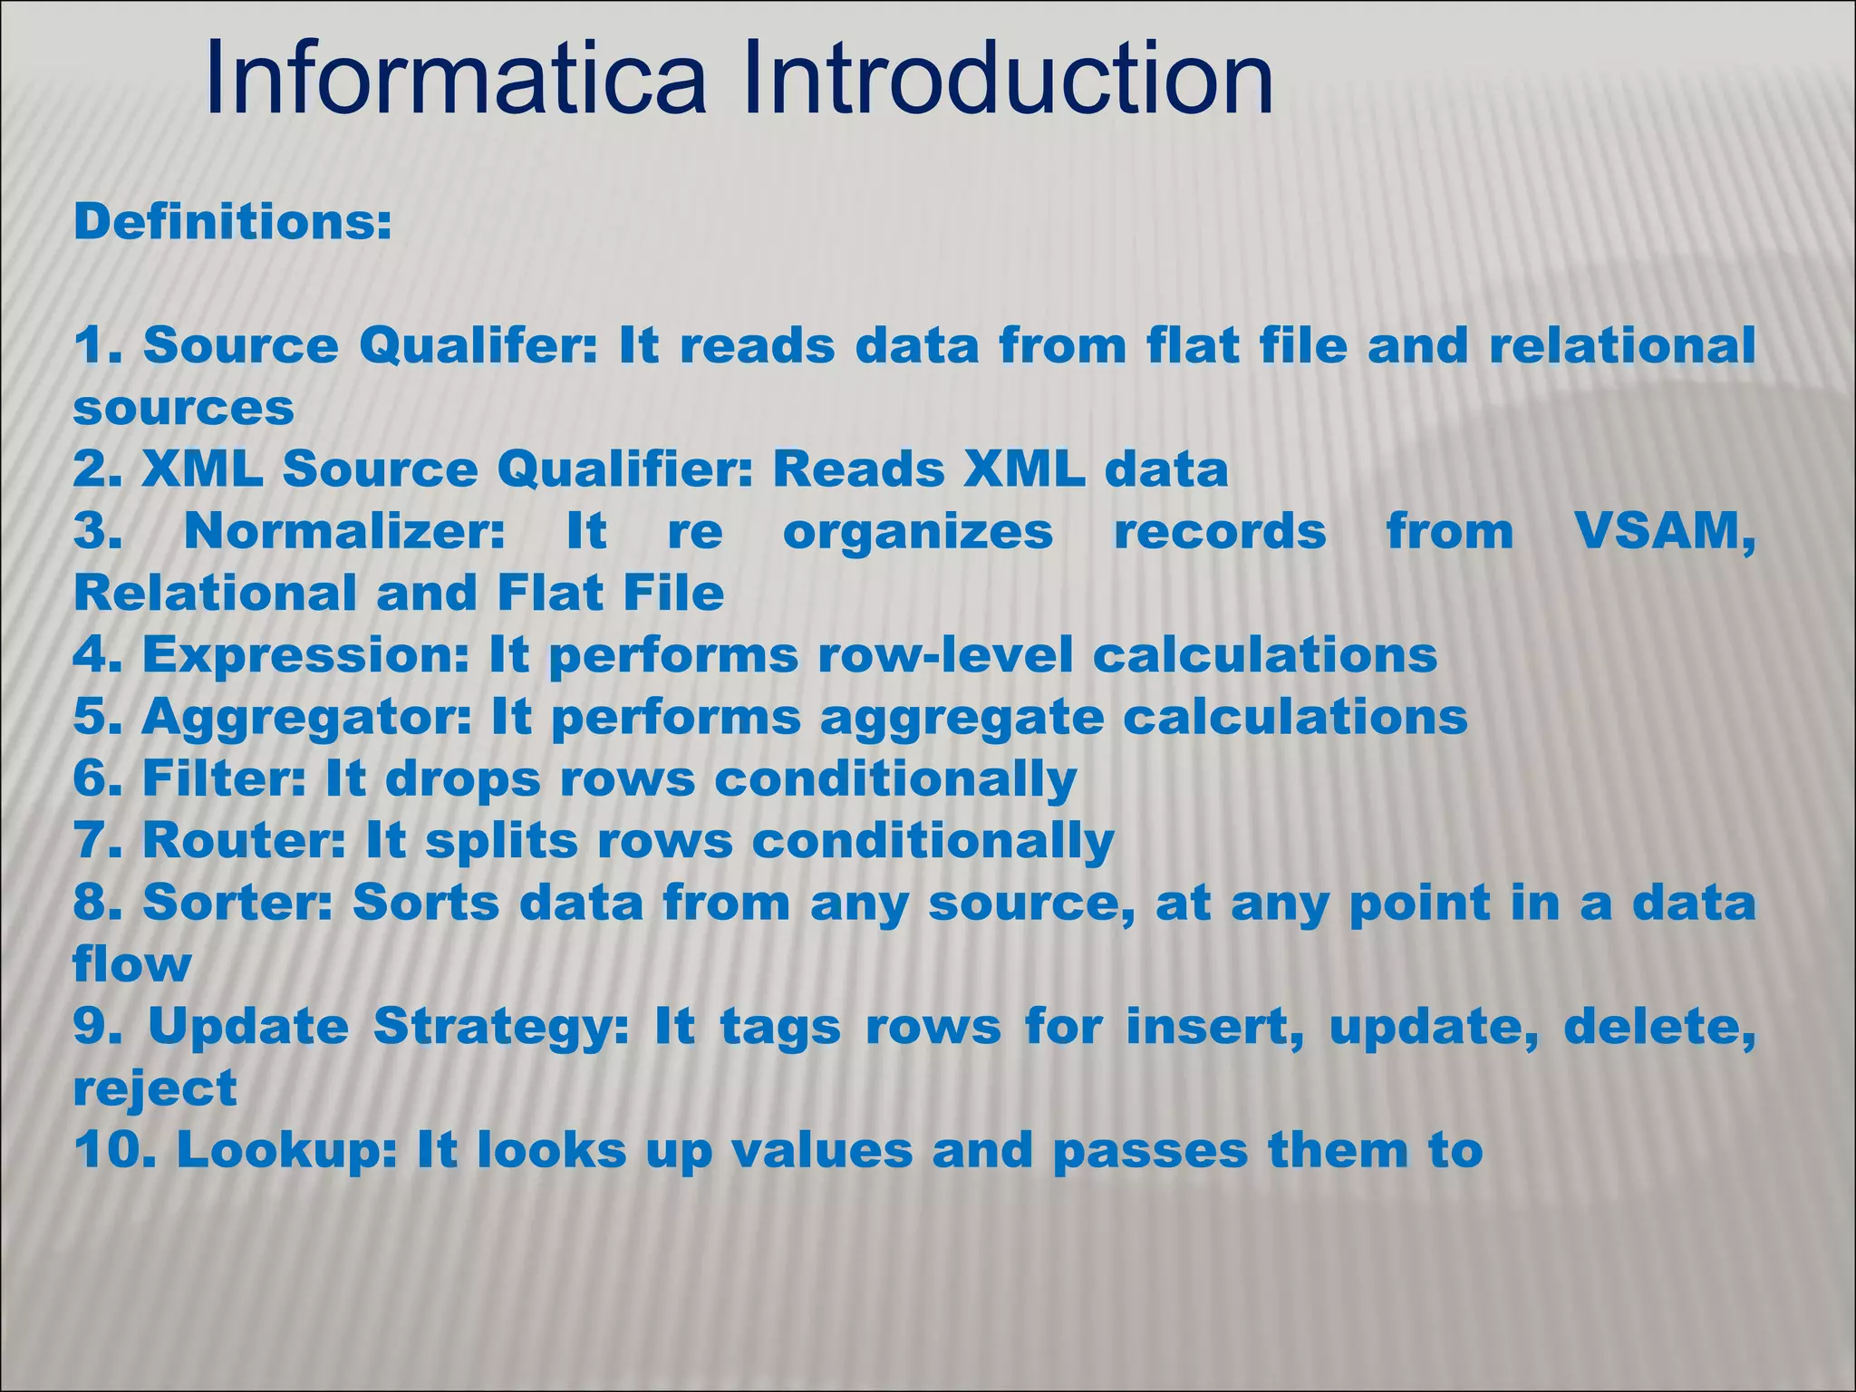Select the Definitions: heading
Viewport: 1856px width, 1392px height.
(x=233, y=222)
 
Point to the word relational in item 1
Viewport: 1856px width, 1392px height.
(x=1622, y=346)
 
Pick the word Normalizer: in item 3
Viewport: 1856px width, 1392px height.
(x=344, y=531)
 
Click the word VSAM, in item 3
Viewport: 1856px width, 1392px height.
(x=1664, y=531)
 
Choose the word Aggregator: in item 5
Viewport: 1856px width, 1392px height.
(x=306, y=717)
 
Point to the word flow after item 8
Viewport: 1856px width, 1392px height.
(x=132, y=963)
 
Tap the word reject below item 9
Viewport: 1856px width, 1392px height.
(x=155, y=1088)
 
